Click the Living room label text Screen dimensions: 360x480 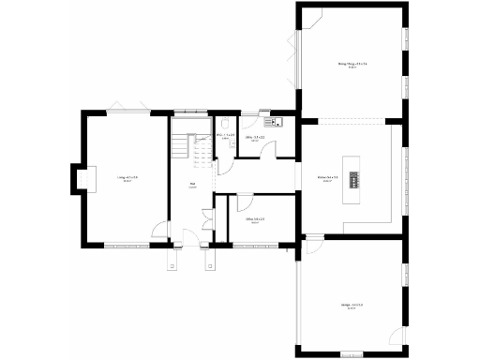click(127, 177)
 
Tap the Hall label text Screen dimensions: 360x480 click(192, 184)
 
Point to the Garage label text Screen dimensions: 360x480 click(352, 306)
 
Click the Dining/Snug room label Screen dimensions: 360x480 click(352, 65)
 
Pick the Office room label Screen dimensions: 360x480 click(255, 220)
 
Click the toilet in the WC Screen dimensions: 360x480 click(226, 124)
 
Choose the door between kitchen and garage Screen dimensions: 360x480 click(313, 242)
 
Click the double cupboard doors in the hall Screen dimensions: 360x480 click(207, 217)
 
